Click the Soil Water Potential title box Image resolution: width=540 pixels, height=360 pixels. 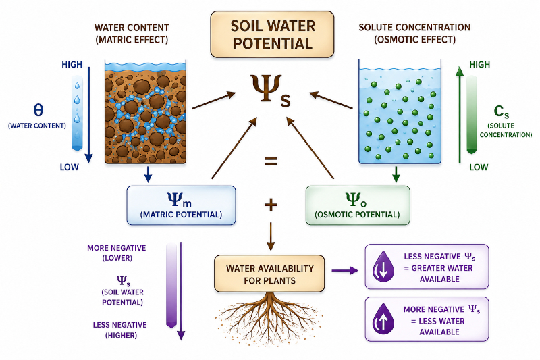coord(272,34)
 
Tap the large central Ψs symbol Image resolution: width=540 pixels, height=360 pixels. coord(271,90)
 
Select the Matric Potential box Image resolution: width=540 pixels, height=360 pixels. coord(181,205)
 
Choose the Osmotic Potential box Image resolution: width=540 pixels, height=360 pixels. coord(358,205)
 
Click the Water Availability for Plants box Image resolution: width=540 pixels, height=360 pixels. coord(269,274)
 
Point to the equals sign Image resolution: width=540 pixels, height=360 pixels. coord(271,161)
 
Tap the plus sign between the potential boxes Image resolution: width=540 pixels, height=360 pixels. coord(271,205)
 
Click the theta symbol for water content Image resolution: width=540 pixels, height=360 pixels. coord(38,110)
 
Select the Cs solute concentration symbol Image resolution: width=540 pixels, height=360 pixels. coord(501,111)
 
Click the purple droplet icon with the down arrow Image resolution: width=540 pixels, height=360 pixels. coord(383,267)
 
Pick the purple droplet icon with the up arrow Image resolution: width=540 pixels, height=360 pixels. coord(383,319)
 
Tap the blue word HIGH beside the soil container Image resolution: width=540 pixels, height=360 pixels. coord(72,65)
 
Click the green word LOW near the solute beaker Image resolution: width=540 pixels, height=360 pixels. coord(479,168)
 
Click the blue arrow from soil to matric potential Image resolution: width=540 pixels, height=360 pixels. coord(148,174)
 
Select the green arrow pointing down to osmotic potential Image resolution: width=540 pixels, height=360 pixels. coord(396,174)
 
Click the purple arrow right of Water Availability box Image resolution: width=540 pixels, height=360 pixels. coord(345,270)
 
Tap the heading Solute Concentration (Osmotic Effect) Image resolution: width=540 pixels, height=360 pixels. coord(414,33)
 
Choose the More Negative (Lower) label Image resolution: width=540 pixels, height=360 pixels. coord(117,253)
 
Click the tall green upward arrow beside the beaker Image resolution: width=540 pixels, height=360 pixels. coord(460,114)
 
